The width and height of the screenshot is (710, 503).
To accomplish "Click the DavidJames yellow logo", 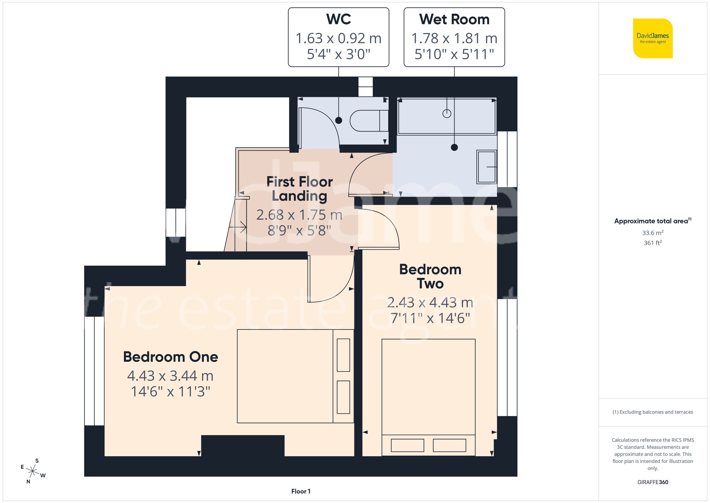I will click(652, 38).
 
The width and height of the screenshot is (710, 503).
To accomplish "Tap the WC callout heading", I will click(338, 19).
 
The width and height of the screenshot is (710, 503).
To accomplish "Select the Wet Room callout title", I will click(454, 19).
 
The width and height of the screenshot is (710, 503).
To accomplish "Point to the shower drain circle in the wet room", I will click(447, 114).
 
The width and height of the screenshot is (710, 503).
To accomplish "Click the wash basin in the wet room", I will click(486, 167).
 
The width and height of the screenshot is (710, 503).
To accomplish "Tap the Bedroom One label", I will click(170, 357).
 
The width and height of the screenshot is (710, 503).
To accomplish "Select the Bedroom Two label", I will click(430, 277).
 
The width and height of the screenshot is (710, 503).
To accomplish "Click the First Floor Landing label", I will click(299, 189).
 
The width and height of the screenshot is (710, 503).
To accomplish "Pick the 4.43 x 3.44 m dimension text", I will click(170, 376).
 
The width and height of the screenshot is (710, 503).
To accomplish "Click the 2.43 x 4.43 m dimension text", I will click(430, 303).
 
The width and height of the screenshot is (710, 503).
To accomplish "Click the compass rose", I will click(33, 471).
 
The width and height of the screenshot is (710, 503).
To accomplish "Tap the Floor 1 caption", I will click(301, 491).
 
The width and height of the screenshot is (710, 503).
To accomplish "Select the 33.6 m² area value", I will click(652, 233).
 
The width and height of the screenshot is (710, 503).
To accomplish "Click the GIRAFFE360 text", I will click(652, 482).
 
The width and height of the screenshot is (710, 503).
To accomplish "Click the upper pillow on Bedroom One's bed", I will click(343, 355).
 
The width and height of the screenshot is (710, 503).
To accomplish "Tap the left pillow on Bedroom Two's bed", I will click(407, 445).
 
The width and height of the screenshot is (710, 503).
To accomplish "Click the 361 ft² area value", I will click(652, 243).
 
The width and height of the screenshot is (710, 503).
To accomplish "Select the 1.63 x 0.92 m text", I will click(338, 38).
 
